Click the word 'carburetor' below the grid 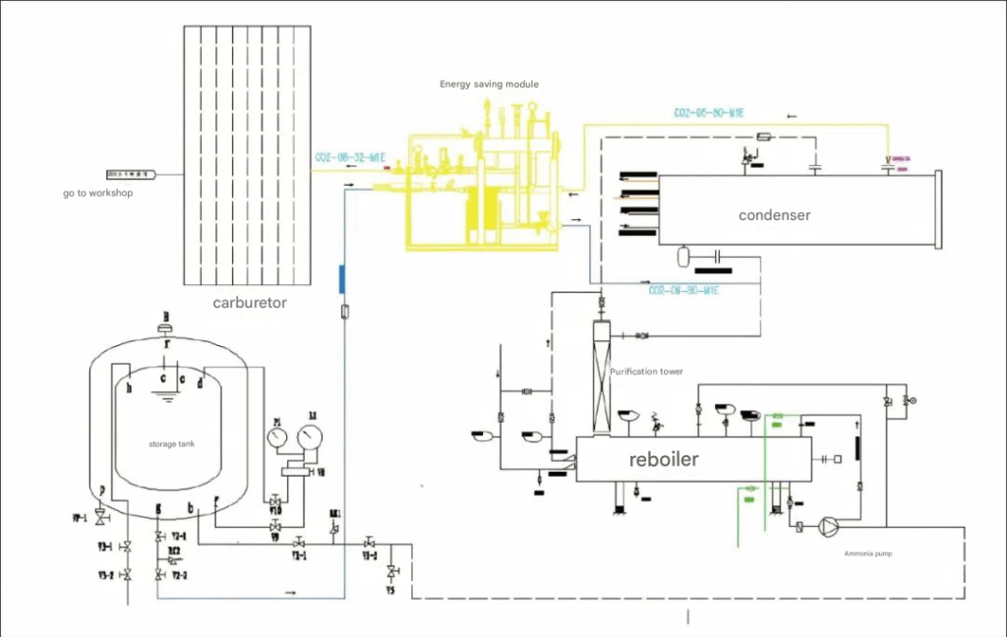(250, 303)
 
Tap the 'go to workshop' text (97, 194)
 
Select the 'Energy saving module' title (489, 85)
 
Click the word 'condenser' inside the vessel (775, 214)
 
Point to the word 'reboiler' (664, 459)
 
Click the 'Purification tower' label (646, 372)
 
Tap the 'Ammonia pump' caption (868, 553)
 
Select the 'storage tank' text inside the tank (171, 444)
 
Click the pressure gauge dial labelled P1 (278, 435)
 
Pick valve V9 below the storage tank (275, 527)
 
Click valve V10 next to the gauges (275, 502)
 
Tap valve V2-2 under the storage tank (159, 573)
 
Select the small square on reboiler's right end (837, 459)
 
